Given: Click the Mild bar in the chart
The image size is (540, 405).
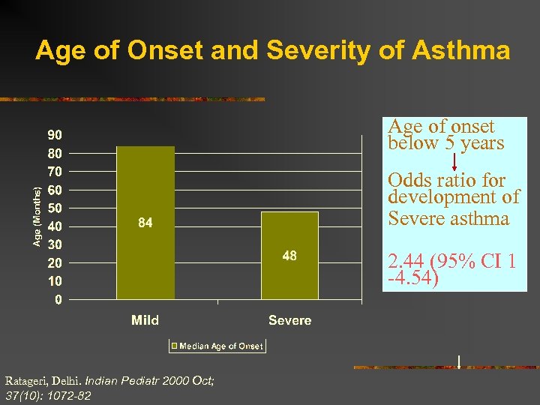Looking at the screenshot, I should (145, 187).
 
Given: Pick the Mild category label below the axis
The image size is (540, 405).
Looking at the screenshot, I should (145, 320).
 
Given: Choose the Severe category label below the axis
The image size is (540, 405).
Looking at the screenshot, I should (289, 320).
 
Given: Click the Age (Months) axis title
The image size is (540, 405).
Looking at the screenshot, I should (37, 216).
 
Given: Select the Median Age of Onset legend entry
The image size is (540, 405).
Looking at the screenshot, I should (217, 346).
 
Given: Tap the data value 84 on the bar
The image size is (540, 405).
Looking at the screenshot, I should (145, 223).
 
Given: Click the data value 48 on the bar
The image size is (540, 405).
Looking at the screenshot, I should (289, 256).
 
